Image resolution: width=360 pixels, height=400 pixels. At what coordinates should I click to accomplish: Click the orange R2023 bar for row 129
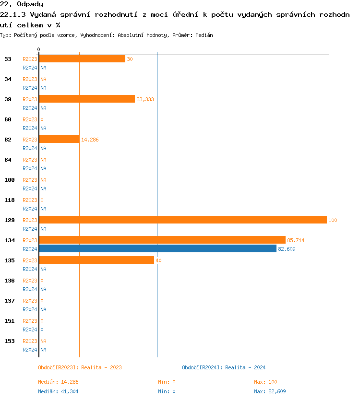click(x=183, y=220)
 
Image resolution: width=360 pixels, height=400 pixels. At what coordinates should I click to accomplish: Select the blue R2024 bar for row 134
click(x=158, y=248)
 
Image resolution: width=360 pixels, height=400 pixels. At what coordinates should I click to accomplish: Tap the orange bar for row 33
click(x=82, y=59)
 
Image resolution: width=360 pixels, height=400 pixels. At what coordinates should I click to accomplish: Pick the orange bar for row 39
click(x=87, y=99)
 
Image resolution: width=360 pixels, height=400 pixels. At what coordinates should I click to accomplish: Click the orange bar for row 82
click(x=60, y=139)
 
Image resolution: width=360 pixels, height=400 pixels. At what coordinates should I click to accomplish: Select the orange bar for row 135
click(x=96, y=260)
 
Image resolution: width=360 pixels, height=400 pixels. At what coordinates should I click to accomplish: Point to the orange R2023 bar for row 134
click(x=162, y=240)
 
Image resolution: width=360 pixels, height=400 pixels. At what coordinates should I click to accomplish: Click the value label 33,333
click(x=145, y=99)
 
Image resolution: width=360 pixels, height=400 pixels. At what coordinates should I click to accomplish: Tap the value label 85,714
click(x=296, y=240)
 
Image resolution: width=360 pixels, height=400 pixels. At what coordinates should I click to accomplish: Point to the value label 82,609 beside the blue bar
click(x=287, y=249)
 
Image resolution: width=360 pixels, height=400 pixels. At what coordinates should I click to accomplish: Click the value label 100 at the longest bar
click(x=333, y=220)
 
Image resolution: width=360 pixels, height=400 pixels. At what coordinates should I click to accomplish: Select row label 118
click(x=10, y=200)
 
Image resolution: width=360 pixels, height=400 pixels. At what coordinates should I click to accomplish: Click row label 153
click(x=10, y=341)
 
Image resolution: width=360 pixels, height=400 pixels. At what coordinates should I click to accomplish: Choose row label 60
click(x=8, y=119)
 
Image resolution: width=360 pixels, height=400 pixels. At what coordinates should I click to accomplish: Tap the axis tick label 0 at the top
click(x=39, y=49)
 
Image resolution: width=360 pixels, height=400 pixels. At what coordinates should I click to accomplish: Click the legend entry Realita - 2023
click(x=80, y=367)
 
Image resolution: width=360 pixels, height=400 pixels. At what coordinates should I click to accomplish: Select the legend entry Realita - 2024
click(x=224, y=367)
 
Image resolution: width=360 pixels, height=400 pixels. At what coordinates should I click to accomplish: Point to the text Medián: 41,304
click(x=58, y=391)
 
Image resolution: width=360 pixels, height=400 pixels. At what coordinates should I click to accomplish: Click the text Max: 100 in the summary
click(x=265, y=382)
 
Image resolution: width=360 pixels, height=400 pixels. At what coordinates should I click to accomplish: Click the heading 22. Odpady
click(x=22, y=4)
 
